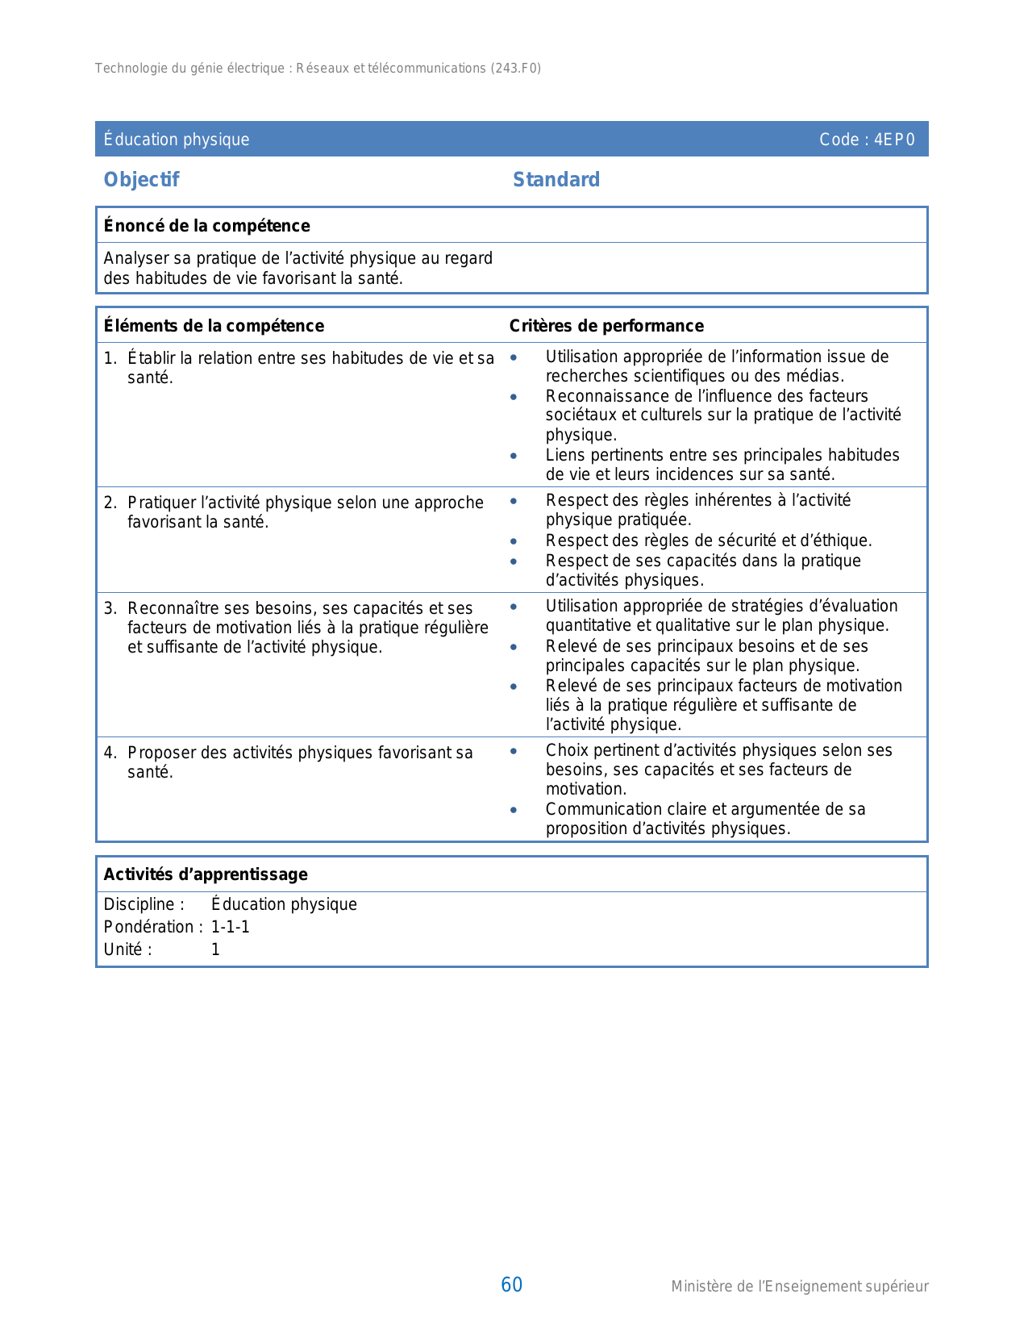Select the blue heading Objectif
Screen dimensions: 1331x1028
point(141,180)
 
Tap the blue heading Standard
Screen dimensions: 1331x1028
point(556,180)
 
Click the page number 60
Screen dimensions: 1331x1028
point(512,1285)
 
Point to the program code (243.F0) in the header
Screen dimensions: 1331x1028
point(516,69)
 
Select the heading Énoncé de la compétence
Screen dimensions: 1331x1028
point(206,226)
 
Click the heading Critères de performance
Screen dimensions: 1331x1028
point(606,326)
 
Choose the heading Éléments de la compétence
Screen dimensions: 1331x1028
point(214,326)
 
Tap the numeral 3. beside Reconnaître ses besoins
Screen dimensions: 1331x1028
point(110,608)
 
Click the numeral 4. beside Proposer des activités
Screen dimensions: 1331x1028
point(110,753)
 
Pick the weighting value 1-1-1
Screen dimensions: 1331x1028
point(231,927)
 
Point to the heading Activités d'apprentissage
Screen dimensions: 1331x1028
point(206,874)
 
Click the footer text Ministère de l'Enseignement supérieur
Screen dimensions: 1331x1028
point(800,1287)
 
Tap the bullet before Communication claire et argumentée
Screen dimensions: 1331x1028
point(514,810)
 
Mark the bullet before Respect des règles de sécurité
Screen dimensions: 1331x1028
point(514,541)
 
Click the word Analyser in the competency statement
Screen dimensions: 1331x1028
point(135,258)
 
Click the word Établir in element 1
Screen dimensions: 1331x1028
point(152,358)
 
